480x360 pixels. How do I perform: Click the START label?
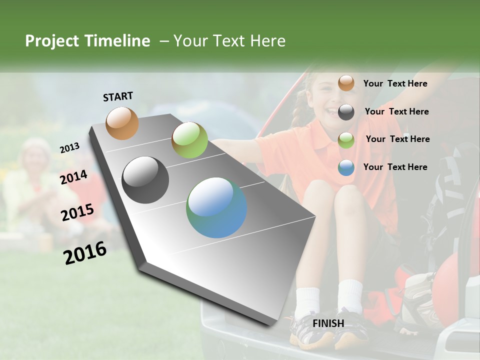point(118,96)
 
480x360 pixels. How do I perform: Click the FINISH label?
point(328,323)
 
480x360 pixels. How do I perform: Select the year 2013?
point(69,148)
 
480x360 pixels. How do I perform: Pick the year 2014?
point(73,177)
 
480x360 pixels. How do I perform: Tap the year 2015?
point(77,212)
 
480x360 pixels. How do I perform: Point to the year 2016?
point(85,253)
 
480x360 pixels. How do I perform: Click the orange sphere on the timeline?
point(122,123)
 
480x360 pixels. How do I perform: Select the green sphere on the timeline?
point(189,140)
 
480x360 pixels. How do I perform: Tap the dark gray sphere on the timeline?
point(145,180)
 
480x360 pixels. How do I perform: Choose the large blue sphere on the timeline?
point(216,207)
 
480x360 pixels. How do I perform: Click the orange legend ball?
point(346,83)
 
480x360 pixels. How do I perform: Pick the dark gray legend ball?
point(346,112)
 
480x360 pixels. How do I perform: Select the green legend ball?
point(346,140)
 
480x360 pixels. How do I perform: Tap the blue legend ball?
point(346,167)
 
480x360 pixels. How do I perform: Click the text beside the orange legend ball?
point(395,83)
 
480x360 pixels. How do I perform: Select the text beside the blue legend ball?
point(395,167)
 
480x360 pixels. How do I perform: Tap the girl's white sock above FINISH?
point(350,295)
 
